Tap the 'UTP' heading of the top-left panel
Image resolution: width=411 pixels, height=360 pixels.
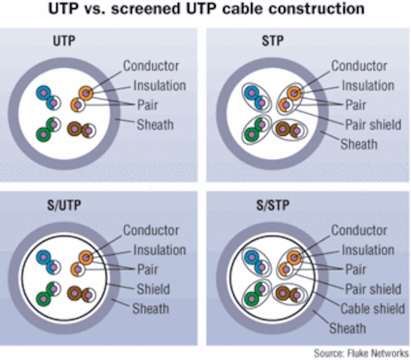64,40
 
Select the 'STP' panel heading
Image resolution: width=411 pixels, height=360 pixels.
272,40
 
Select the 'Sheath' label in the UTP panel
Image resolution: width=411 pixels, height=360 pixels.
155,124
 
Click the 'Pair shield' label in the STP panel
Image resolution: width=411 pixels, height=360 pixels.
373,125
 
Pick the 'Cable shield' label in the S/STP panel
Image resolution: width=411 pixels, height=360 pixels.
372,309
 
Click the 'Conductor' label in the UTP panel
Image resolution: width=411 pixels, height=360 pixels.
151,65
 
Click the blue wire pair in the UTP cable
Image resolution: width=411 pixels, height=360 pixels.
48,97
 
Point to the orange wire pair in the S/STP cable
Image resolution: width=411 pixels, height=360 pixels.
289,261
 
